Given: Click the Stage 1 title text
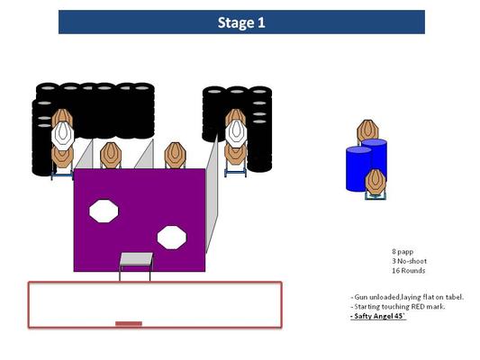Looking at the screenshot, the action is tap(241, 22).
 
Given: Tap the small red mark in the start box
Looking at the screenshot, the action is tap(129, 324).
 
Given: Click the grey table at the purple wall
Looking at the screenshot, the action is tap(136, 259).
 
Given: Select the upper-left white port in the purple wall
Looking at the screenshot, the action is tap(104, 211).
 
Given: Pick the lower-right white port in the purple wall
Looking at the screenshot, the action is tap(172, 238).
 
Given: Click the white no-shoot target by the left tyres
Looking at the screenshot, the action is tap(63, 135).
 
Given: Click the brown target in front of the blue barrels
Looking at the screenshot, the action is tap(376, 183).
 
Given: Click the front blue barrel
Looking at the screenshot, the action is tap(358, 169).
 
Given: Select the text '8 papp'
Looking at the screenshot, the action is tap(403, 252).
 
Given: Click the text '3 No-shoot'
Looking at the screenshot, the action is tap(409, 261).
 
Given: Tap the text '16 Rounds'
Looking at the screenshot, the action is tap(408, 271).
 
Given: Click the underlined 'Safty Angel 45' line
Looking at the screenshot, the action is tap(378, 316).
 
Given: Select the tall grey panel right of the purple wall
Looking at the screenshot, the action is tap(212, 193).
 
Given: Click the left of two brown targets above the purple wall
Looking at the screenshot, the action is tap(111, 155).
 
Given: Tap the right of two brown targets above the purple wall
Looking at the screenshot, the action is tap(175, 155).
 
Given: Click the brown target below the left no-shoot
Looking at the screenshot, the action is tap(62, 157).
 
